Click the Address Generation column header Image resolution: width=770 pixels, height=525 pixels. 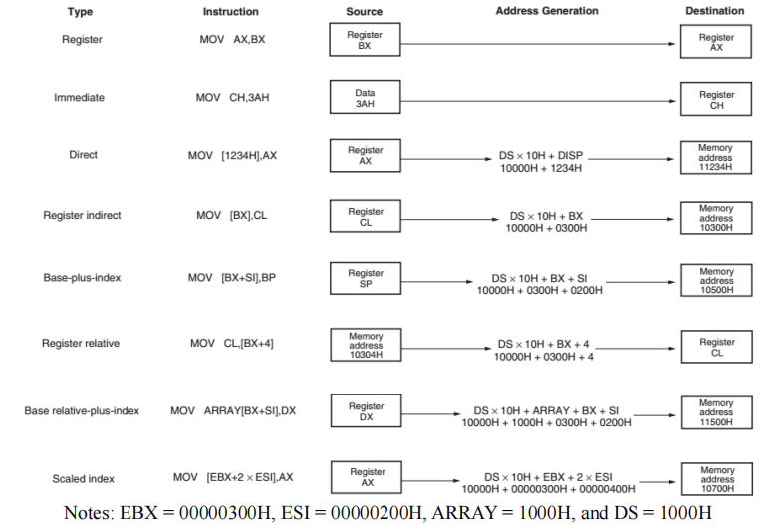click(546, 11)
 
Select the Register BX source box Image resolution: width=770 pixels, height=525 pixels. click(365, 40)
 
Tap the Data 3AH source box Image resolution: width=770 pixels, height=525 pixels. click(365, 98)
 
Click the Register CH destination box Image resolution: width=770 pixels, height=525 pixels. click(716, 100)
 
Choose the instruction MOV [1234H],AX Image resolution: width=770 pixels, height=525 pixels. click(230, 156)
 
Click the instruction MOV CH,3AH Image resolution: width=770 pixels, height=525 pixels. click(230, 98)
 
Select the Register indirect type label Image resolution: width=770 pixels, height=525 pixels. click(82, 215)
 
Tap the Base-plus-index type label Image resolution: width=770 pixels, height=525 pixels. click(82, 277)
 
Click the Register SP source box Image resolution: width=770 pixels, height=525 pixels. click(365, 277)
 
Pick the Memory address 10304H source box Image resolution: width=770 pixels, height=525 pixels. click(365, 344)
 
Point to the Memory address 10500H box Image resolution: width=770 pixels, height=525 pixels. click(716, 278)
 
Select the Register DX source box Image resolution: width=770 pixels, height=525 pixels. click(365, 411)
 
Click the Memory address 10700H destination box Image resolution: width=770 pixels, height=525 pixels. click(716, 478)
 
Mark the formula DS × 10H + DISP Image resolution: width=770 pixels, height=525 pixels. click(540, 156)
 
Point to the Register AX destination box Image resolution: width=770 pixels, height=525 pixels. click(716, 42)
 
